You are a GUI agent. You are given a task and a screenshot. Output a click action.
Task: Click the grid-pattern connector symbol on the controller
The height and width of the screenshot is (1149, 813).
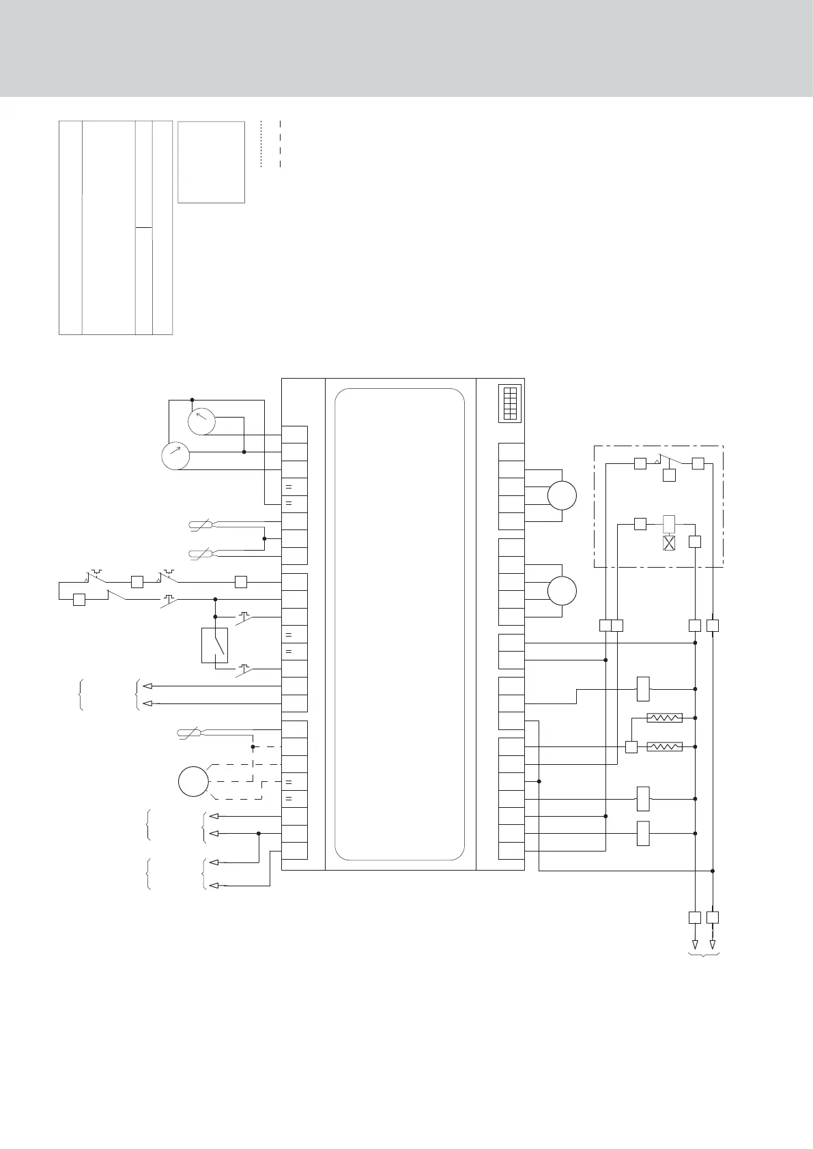[x=509, y=403]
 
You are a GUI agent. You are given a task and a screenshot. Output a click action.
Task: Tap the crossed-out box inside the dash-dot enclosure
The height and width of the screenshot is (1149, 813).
[x=669, y=543]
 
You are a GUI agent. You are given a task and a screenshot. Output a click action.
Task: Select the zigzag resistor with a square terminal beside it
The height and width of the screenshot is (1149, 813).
[x=664, y=746]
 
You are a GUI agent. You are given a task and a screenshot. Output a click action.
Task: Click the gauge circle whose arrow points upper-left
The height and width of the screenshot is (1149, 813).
[x=201, y=422]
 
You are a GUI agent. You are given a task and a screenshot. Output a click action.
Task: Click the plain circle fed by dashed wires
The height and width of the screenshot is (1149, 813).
[x=193, y=781]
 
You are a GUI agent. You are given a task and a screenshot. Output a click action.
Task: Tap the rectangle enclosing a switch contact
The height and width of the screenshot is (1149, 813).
[x=214, y=645]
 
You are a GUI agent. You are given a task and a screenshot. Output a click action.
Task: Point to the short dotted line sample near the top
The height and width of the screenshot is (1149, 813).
[x=261, y=144]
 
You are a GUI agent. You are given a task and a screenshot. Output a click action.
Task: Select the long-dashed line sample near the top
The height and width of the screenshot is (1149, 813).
[x=281, y=144]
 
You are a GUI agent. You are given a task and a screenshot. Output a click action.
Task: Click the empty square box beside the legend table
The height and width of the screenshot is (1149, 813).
[x=211, y=162]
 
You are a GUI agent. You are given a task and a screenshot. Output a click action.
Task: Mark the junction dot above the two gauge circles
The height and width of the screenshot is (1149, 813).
[x=192, y=400]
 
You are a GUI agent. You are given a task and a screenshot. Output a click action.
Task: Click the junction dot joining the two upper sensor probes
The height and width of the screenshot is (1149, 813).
[x=264, y=538]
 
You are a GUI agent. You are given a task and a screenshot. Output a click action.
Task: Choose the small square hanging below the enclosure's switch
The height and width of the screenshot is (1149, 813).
[x=669, y=476]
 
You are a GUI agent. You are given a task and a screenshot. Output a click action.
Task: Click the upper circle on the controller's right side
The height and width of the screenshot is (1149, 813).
[x=562, y=495]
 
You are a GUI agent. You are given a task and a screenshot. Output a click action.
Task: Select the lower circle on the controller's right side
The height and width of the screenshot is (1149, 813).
[x=562, y=590]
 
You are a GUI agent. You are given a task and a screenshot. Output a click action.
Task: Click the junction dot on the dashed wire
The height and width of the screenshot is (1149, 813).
[x=253, y=746]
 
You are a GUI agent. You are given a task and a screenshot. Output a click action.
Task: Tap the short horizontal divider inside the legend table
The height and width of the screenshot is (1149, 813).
[x=143, y=227]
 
